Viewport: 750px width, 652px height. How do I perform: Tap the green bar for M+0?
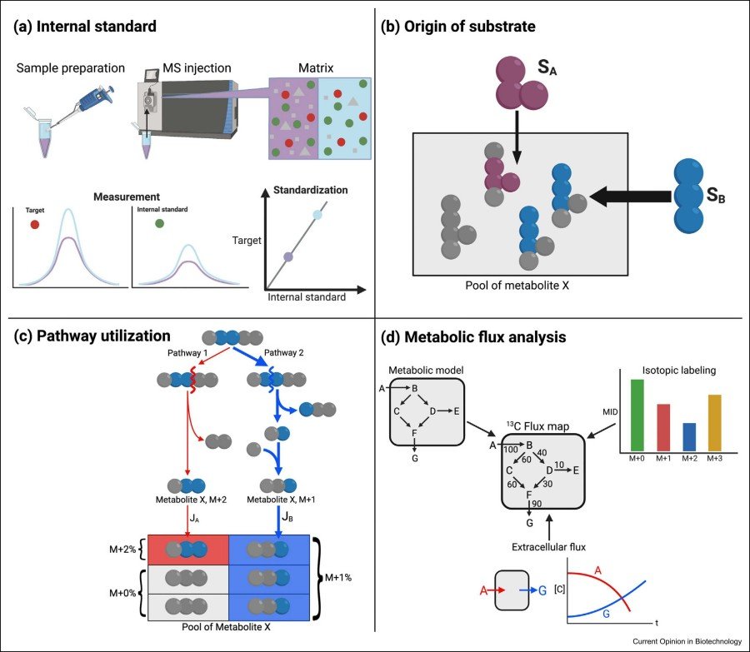point(637,416)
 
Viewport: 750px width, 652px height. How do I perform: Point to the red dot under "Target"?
point(34,225)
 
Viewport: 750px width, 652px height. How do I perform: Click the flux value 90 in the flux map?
point(538,505)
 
